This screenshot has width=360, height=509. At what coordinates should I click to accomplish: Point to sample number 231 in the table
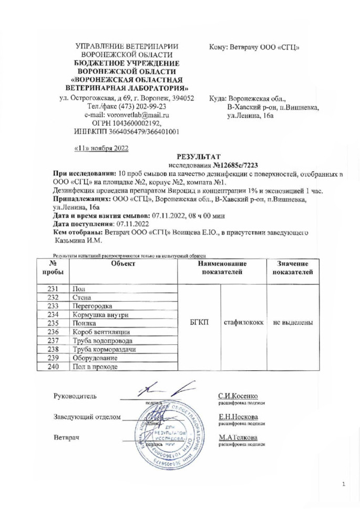click(53, 288)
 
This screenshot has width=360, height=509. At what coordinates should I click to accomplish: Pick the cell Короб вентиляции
click(100, 332)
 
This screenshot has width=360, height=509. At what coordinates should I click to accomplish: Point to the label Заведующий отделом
click(86, 418)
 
